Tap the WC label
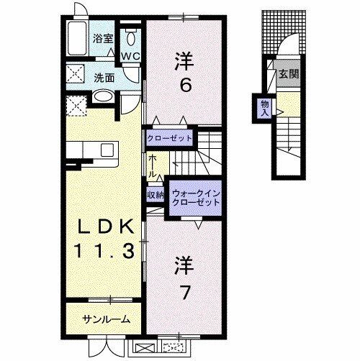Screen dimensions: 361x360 click(130, 55)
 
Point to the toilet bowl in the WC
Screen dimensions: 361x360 click(130, 38)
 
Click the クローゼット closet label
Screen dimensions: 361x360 click(170, 137)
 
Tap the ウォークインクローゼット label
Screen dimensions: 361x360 click(195, 197)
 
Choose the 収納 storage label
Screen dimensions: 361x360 click(156, 193)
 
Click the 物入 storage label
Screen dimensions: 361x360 click(264, 107)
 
